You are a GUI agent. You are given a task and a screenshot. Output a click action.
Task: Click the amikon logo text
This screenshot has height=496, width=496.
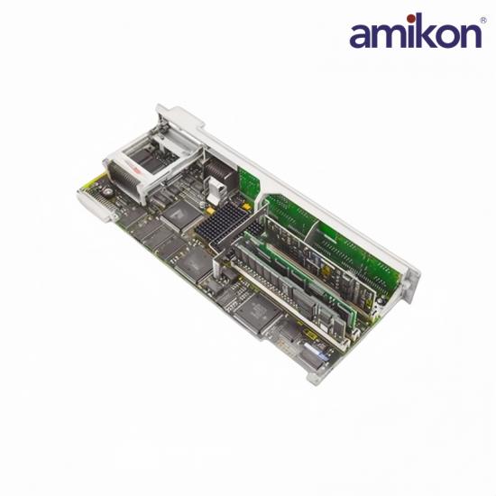(416, 32)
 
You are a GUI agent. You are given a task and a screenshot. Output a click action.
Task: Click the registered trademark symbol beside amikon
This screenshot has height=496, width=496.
(484, 20)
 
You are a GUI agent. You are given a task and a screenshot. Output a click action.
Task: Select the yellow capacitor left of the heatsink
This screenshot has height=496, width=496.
(210, 210)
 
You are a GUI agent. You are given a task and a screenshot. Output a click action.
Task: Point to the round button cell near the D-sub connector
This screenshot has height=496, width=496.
(107, 192)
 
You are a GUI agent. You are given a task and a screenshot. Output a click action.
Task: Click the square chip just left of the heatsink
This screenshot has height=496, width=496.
(182, 216)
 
